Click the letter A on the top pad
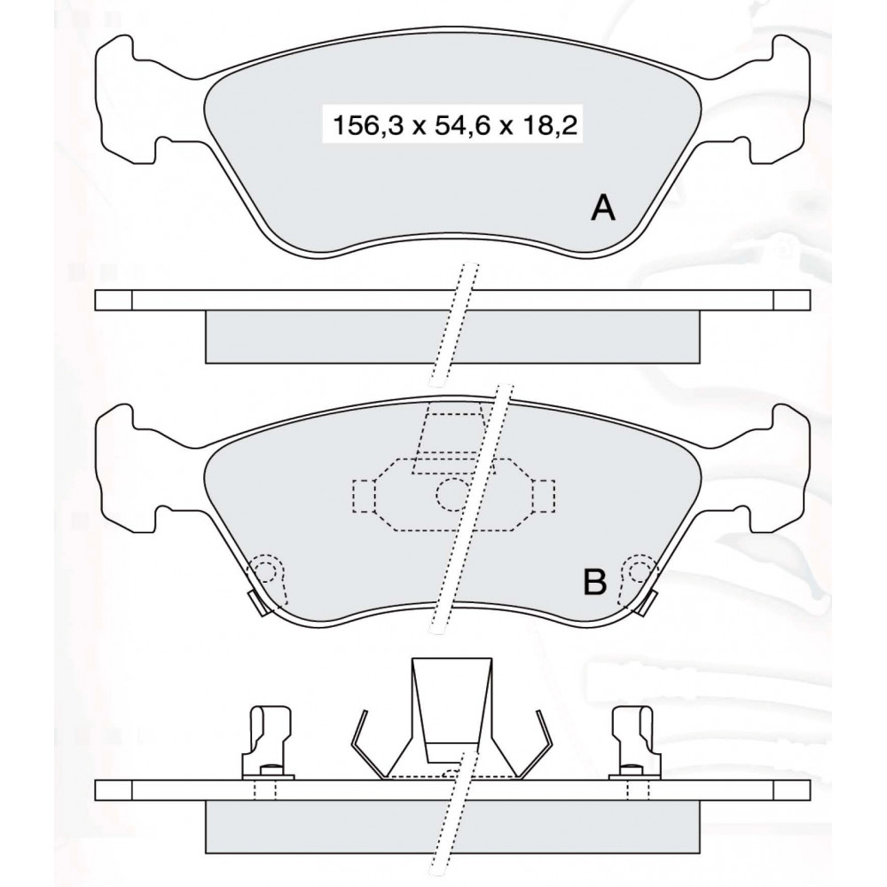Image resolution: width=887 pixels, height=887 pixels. [602, 208]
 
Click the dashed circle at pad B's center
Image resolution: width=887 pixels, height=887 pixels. [452, 494]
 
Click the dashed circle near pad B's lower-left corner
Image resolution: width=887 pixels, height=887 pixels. [266, 572]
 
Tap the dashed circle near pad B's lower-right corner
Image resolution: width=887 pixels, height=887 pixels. [640, 572]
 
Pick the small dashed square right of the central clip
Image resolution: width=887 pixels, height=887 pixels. [543, 496]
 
